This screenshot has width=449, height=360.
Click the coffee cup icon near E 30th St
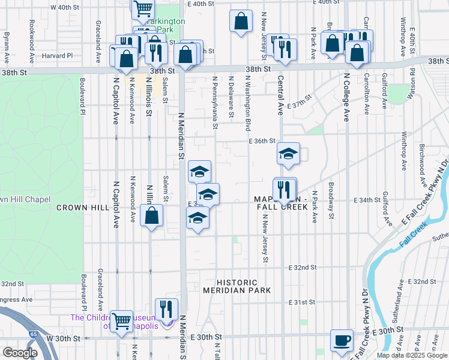tap(343, 339)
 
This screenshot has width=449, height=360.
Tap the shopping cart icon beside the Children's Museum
tap(122, 321)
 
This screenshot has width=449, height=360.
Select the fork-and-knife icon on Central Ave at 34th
tap(285, 190)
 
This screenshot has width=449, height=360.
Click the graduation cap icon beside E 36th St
tap(288, 154)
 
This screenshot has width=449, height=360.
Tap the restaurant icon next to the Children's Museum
tap(167, 310)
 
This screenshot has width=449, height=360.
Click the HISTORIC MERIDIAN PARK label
tap(238, 286)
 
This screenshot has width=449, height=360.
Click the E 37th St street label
tap(300, 100)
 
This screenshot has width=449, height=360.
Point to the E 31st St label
tap(301, 302)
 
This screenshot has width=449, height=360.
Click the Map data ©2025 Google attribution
tap(411, 355)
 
